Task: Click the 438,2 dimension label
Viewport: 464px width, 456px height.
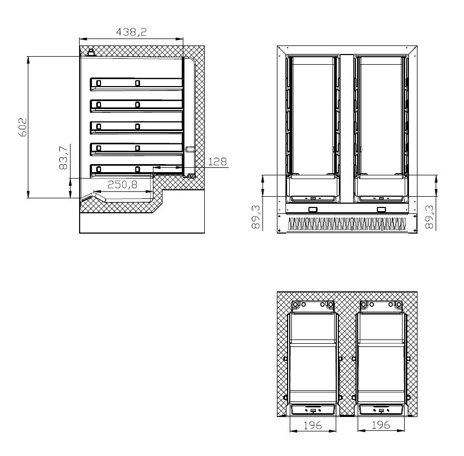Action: pos(132,33)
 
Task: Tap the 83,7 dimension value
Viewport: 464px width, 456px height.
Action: pos(63,158)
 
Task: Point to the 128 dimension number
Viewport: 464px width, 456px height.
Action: pos(217,161)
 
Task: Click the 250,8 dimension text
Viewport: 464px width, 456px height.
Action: pos(122,185)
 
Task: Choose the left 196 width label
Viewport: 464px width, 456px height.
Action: pos(313,425)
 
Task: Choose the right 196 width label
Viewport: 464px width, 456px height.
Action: pos(381,425)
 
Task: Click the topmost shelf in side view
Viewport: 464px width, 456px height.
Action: pos(136,83)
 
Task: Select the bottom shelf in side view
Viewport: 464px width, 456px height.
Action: pos(136,169)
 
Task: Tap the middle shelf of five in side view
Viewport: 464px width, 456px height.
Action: pos(136,126)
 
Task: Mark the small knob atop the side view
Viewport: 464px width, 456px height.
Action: pos(91,52)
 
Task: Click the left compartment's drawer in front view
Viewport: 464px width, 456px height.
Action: pos(313,188)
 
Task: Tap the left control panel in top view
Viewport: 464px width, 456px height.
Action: pos(313,410)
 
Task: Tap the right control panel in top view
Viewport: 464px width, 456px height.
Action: pos(381,410)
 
